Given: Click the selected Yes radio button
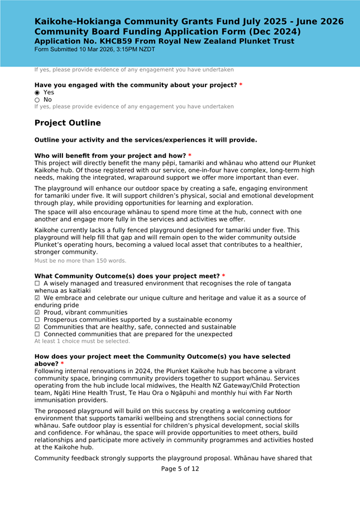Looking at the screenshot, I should click(x=37, y=92).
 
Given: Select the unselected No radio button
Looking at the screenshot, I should click(x=37, y=99).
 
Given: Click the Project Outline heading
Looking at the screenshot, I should click(x=68, y=123).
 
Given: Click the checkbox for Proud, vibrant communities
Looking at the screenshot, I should click(x=37, y=313).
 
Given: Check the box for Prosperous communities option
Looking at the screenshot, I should click(x=37, y=320).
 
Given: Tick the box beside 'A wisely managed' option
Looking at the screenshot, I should click(x=37, y=284).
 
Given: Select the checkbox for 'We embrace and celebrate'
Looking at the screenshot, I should click(x=37, y=298).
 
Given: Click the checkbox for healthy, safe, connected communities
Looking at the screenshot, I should click(x=37, y=327).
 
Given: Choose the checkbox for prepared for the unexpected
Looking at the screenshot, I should click(x=37, y=334).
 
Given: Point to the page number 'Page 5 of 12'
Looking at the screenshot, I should click(x=180, y=469).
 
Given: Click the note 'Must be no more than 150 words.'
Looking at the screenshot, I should click(x=80, y=261).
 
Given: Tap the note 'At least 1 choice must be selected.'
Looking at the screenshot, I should click(x=82, y=341).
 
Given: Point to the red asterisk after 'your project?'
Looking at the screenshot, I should click(x=241, y=85).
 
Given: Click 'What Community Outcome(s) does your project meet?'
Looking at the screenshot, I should click(x=127, y=276).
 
